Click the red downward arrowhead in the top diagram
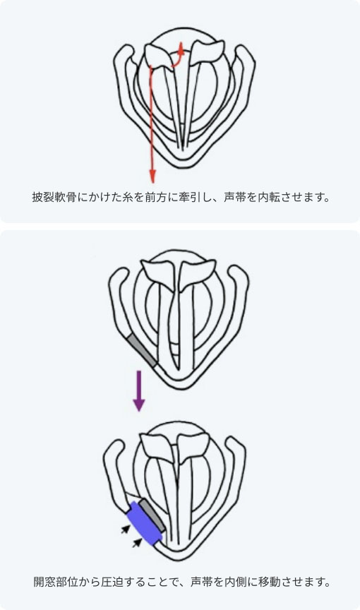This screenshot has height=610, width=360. pos(152,177)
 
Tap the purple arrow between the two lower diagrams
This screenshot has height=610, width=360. pos(139,390)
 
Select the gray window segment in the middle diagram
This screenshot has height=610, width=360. pos(143,349)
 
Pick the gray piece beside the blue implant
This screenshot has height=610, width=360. pos(153,515)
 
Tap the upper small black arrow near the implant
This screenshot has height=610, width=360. pos(125,529)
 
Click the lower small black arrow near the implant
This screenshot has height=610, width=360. pos(137,542)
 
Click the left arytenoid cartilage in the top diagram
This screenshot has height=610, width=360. pos(158,56)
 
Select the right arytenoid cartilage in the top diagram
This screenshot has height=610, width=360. pos(206,52)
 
